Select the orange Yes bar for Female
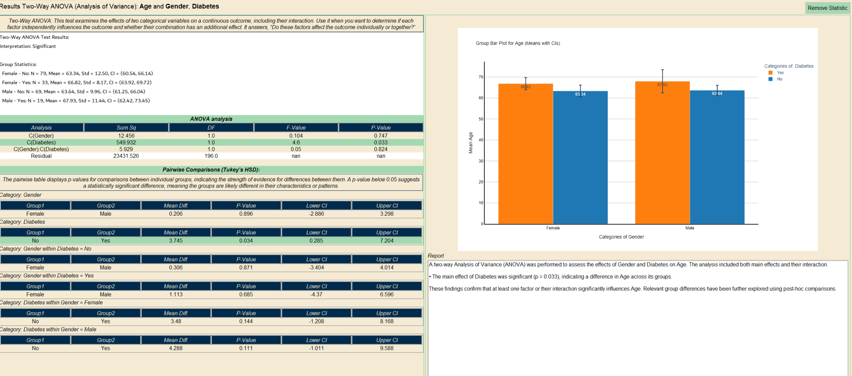coord(525,156)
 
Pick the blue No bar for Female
coord(580,159)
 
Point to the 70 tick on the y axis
coord(481,77)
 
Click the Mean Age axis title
coord(471,143)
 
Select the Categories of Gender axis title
coord(621,237)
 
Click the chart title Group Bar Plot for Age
coord(517,43)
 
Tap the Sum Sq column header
coord(126,128)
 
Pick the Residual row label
coord(41,156)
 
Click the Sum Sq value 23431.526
coord(126,156)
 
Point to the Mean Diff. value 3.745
coord(176,241)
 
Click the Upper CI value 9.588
coord(386,348)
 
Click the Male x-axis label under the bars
coord(690,228)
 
